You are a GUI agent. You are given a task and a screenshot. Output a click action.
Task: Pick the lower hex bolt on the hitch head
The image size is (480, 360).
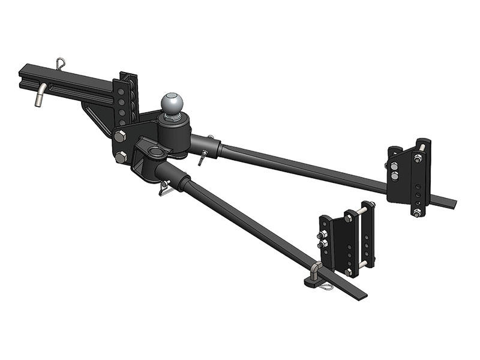tap(122, 158)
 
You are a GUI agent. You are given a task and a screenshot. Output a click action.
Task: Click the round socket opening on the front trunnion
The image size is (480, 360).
tap(155, 151)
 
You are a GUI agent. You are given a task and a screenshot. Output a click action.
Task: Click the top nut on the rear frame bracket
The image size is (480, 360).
tap(415, 158)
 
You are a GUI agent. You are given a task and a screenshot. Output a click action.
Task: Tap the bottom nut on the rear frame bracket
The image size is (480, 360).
tap(415, 212)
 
